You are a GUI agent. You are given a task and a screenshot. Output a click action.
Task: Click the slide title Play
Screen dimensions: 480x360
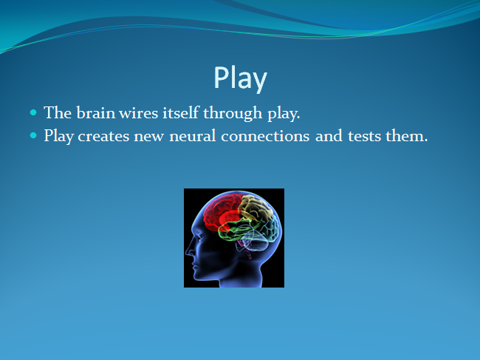pos(240,78)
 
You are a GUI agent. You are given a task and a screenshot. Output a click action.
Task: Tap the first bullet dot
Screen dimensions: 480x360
pos(33,112)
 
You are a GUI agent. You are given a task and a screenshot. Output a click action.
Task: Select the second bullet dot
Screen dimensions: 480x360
pos(33,135)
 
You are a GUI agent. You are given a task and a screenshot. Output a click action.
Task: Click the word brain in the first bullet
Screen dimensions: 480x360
pos(96,112)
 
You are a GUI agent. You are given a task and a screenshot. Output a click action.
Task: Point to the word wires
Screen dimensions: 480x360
pos(138,113)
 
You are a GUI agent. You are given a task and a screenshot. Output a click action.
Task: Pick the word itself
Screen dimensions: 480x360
pos(181,112)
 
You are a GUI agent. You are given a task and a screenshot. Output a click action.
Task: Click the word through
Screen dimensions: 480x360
pos(233,113)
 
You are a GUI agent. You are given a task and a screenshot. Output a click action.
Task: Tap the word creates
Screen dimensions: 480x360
pos(103,136)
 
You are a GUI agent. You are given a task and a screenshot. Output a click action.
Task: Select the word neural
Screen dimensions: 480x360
pos(193,135)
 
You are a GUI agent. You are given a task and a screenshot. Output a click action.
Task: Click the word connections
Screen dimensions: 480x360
pos(265,136)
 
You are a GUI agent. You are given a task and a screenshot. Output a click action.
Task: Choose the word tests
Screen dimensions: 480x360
pos(364,136)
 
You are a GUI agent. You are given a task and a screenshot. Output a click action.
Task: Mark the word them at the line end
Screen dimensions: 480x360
pos(407,135)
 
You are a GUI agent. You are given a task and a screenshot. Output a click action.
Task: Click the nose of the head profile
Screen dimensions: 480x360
pos(188,251)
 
